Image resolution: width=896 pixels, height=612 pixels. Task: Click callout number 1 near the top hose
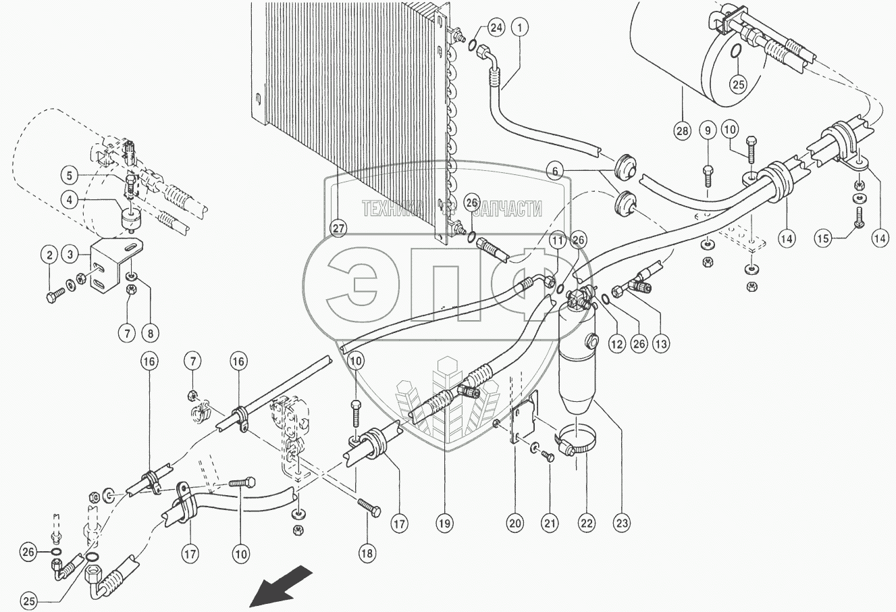pos(519,28)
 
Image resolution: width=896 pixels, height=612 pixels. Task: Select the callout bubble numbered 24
pos(496,28)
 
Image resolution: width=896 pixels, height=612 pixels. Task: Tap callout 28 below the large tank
pos(681,130)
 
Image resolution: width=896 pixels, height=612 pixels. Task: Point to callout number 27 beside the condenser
pos(338,228)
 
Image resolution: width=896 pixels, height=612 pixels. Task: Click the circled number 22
pos(585,522)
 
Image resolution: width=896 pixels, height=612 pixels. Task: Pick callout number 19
pos(444,522)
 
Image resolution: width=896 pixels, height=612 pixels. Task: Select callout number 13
pos(660,344)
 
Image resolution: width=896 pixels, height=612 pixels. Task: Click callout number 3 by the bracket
pos(70,254)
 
